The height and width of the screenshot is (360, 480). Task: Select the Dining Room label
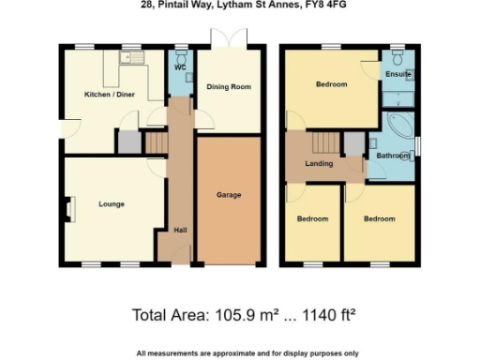229,87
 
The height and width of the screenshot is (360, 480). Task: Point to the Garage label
229,195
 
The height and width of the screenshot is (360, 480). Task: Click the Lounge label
112,203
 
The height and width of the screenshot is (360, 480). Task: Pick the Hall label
178,230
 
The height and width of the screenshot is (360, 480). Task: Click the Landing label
319,164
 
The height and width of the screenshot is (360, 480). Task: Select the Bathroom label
393,155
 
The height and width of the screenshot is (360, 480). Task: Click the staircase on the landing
323,142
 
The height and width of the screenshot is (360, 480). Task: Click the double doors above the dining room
229,37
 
